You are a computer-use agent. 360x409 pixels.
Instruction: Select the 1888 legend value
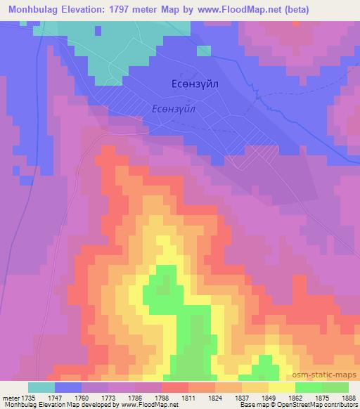[349, 397]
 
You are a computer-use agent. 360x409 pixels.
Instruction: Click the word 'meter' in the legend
[12, 397]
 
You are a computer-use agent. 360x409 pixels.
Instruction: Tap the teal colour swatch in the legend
[41, 387]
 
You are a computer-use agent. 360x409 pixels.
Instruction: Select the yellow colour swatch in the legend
[282, 387]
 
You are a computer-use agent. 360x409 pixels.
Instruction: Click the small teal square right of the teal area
[204, 51]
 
